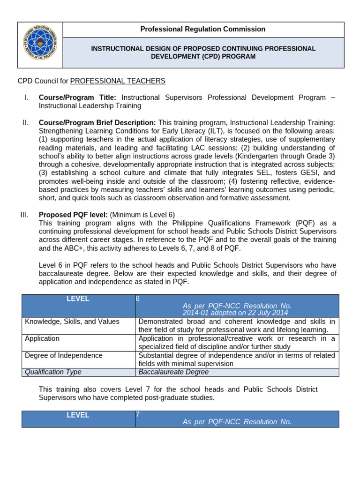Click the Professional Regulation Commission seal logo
click(x=40, y=45)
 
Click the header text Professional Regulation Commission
click(x=203, y=29)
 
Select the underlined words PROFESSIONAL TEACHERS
click(x=118, y=81)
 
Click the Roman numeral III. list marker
click(x=24, y=215)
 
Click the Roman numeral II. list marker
click(x=25, y=122)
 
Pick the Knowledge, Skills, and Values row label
click(x=72, y=322)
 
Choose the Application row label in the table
click(x=42, y=338)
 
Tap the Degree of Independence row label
click(x=64, y=355)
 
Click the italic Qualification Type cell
click(x=53, y=372)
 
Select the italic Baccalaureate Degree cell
click(x=173, y=372)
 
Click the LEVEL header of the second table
click(x=78, y=415)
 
